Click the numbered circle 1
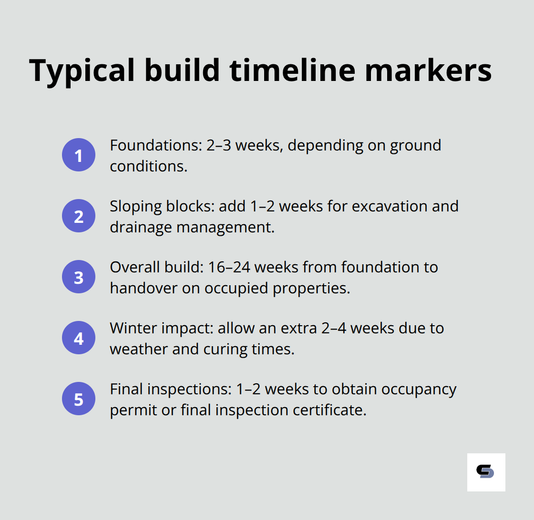click(x=79, y=155)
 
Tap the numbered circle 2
click(x=79, y=216)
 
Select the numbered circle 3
click(x=79, y=277)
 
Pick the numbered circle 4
click(x=79, y=338)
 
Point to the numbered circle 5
click(x=79, y=399)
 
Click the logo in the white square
click(x=486, y=472)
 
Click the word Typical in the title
click(x=82, y=70)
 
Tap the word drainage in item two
click(x=141, y=227)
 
